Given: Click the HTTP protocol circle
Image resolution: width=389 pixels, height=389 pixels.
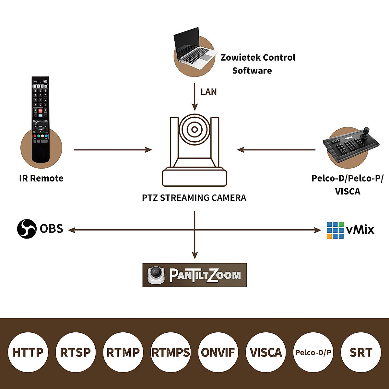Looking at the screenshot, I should click(28, 352).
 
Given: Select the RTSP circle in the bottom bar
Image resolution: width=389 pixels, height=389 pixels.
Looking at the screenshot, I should click(76, 352).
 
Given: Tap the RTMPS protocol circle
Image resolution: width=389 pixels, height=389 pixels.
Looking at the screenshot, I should click(171, 352).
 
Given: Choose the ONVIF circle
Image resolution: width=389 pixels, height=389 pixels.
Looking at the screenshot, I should click(218, 352).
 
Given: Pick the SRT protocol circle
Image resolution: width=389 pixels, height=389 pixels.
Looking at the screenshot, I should click(361, 352).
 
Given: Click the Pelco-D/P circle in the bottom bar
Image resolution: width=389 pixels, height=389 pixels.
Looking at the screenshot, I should click(313, 352).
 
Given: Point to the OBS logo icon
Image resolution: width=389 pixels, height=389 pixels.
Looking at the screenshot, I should click(27, 229).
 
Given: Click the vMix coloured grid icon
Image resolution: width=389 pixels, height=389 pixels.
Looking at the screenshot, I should click(335, 230).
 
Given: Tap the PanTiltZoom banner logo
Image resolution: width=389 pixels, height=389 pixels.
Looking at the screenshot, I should click(194, 275).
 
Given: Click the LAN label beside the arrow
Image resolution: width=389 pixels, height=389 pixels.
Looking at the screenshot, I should click(208, 92).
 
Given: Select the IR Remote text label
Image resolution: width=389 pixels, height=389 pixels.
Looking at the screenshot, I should click(41, 178).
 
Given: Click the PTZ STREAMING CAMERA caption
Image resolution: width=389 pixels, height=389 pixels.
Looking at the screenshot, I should click(194, 198).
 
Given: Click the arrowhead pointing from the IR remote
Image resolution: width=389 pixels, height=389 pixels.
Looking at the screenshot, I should click(149, 150).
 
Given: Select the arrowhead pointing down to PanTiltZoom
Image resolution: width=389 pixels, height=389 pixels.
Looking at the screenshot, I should click(194, 255).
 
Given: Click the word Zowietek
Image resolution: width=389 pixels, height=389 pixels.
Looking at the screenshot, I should click(240, 58).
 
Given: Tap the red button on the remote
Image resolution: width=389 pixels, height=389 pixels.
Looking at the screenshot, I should click(41, 111).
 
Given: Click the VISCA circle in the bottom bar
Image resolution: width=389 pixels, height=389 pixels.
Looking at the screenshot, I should click(266, 352).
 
